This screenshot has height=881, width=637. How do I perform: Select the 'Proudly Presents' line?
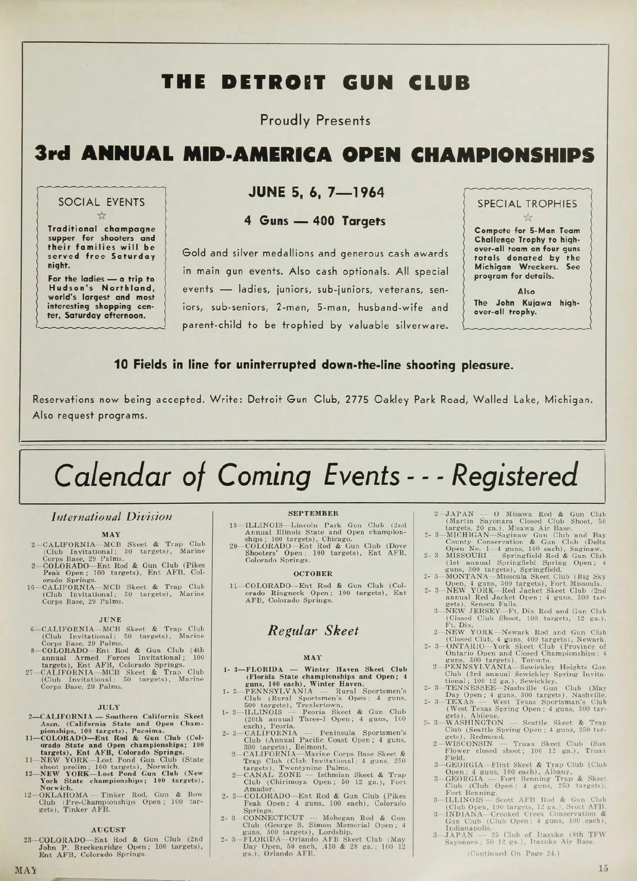pos(315,120)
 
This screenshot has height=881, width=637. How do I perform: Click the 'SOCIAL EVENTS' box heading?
pos(101,202)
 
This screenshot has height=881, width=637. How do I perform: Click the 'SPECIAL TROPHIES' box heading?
pos(527,204)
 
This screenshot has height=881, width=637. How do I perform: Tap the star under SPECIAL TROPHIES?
pos(527,217)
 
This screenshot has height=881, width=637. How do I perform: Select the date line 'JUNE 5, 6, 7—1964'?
pos(316,193)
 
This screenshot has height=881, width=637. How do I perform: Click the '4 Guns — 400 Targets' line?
pos(315,221)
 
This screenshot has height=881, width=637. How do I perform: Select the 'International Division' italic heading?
pos(111,516)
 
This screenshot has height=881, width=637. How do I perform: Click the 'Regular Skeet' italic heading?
pos(313,631)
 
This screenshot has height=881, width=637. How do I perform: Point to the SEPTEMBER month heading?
pos(313,513)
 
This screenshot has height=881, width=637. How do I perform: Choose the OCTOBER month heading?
pos(313,573)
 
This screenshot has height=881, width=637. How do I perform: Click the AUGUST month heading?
pos(108,829)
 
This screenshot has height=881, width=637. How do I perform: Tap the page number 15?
pos(602,868)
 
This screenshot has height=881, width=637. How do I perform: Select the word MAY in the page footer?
pos(25,870)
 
